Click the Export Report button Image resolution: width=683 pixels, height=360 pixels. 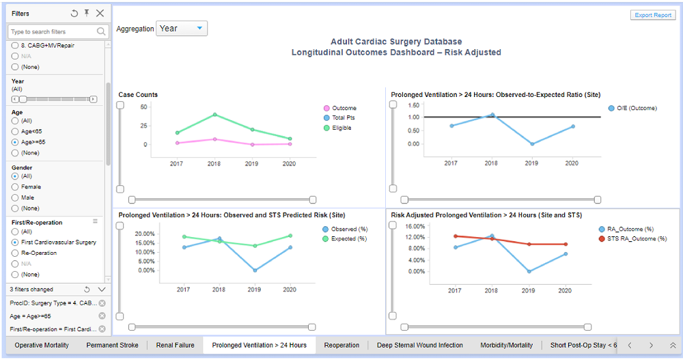(x=653, y=15)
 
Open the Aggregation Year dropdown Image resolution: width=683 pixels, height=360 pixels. (x=182, y=29)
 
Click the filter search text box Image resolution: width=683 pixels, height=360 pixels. (x=53, y=31)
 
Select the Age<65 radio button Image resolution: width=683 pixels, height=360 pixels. (x=15, y=131)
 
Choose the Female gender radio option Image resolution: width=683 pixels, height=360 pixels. (x=15, y=187)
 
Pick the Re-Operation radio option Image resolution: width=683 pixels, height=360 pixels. (x=15, y=253)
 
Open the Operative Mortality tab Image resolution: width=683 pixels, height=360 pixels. (x=42, y=345)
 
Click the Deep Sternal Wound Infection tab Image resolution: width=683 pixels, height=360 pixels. (x=419, y=345)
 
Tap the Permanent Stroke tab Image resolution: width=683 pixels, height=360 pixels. (x=112, y=345)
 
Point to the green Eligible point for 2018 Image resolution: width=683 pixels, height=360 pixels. (x=214, y=115)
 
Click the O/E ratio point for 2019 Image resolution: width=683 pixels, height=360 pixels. (x=532, y=143)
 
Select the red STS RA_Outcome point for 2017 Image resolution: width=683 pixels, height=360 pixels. (x=455, y=236)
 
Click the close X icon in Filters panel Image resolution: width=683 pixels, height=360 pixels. (x=100, y=13)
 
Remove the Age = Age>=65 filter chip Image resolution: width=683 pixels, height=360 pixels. (x=102, y=316)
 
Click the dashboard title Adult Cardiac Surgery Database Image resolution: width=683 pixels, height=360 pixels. (x=396, y=42)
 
